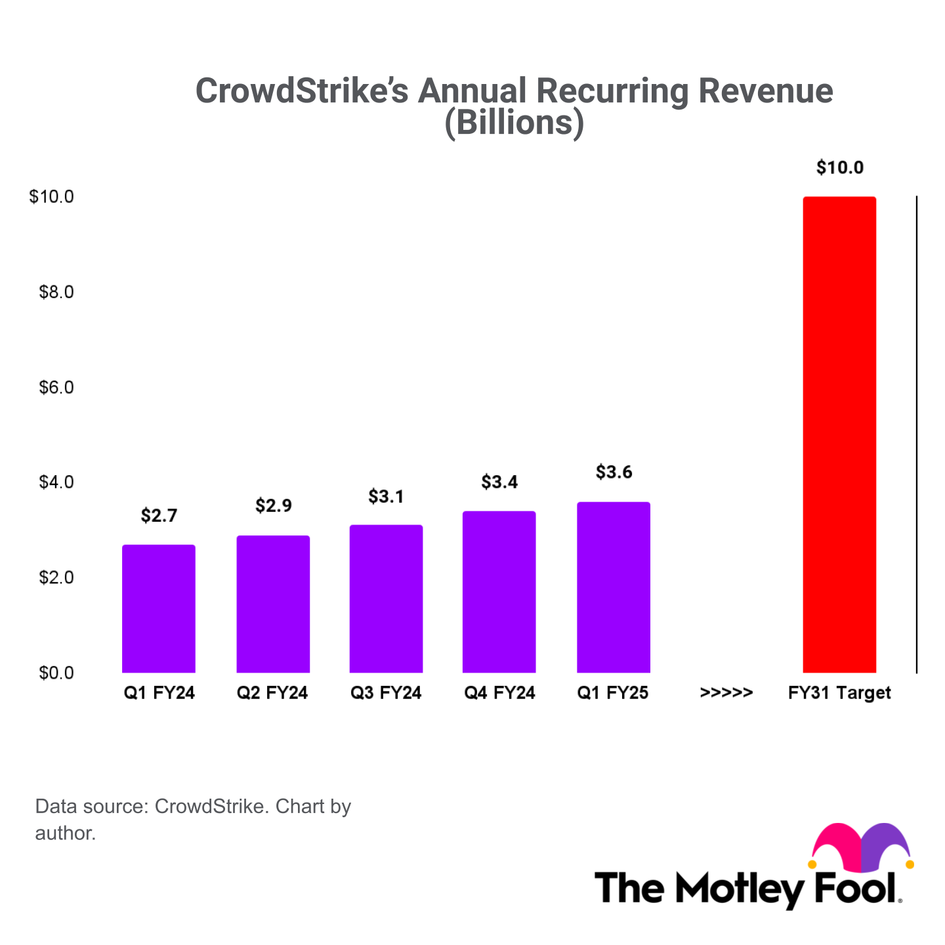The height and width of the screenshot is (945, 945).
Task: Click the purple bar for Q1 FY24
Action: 159,608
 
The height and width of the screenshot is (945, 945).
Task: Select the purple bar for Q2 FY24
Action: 273,604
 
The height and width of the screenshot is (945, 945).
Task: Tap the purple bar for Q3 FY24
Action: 386,598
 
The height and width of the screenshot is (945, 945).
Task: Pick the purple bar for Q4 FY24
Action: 499,591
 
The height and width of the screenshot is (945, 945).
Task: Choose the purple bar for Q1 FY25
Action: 614,587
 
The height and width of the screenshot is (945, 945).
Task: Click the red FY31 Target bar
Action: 839,434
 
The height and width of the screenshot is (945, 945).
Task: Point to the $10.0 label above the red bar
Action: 839,168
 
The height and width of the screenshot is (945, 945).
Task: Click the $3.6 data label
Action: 614,472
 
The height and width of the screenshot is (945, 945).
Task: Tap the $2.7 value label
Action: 159,516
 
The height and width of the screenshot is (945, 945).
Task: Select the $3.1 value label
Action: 386,497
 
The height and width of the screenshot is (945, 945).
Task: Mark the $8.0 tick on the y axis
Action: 56,292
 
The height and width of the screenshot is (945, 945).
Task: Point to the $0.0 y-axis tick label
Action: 56,673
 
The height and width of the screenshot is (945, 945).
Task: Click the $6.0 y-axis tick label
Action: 56,387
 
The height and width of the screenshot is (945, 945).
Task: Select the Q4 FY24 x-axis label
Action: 499,693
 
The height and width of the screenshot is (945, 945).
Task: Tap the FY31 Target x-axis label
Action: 839,693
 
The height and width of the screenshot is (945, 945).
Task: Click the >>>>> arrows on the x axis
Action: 726,693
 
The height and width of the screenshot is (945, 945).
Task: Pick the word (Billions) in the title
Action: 514,123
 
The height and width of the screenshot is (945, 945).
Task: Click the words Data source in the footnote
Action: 92,807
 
